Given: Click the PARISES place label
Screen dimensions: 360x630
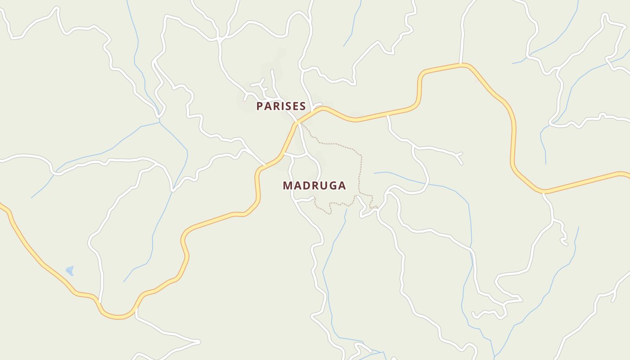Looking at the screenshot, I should (281, 106).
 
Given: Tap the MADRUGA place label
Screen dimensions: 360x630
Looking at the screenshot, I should (314, 185).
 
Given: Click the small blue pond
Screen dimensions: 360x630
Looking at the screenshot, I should (70, 270).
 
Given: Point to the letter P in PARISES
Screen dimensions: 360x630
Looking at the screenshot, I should (260, 106).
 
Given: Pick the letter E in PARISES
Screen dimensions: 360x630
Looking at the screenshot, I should (295, 106).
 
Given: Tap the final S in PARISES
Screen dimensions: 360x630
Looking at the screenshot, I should (303, 106).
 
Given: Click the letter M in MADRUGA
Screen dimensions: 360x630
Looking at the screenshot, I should (287, 185).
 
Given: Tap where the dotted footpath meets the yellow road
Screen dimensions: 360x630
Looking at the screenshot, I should (300, 122).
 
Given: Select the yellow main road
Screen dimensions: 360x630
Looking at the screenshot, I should (513, 135).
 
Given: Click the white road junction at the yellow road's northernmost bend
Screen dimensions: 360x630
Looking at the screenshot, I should (460, 65).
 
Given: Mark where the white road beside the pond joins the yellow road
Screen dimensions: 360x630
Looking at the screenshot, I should (99, 302).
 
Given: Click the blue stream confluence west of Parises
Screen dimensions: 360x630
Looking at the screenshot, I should (160, 122).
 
